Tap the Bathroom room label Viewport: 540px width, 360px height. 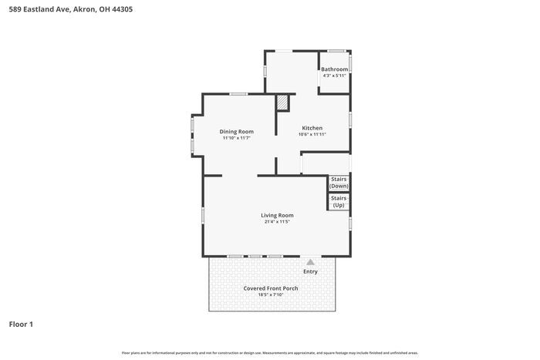[x=335, y=69]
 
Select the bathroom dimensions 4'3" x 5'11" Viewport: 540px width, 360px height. [x=335, y=76]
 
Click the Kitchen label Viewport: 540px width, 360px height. [x=312, y=128]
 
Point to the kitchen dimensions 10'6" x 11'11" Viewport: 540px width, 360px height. [x=312, y=134]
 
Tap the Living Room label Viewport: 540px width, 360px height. [x=277, y=215]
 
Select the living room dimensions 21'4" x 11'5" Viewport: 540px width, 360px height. [x=277, y=222]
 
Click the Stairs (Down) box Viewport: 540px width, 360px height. [x=339, y=183]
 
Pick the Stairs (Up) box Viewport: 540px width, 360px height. [x=339, y=201]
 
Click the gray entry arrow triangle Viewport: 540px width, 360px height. [x=310, y=262]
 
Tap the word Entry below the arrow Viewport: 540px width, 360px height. [x=310, y=271]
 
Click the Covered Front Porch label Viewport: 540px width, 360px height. [x=271, y=288]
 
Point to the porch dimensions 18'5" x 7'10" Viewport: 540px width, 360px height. [x=271, y=294]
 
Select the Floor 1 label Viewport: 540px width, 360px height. [x=21, y=325]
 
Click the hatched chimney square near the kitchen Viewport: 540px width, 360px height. [x=283, y=103]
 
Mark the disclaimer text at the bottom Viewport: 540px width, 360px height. [x=270, y=352]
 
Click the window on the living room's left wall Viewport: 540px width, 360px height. [x=203, y=215]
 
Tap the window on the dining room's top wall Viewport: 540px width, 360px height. [x=238, y=94]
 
